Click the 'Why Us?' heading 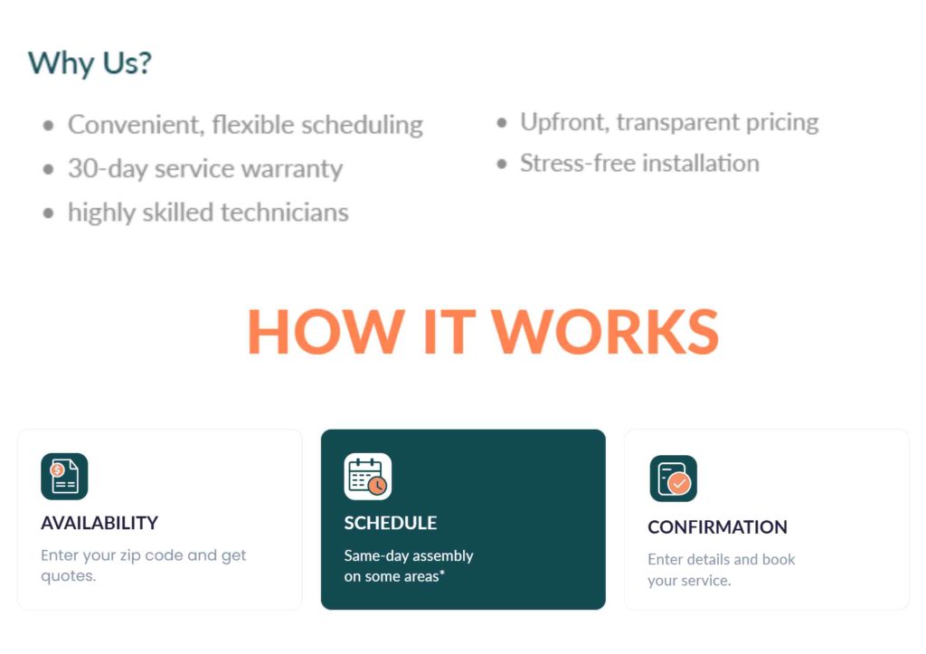coord(90,62)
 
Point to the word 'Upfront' coord(564,122)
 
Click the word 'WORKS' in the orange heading coord(605,331)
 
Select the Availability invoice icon coord(64,476)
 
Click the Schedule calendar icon coord(367,476)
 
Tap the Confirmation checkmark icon coord(673,479)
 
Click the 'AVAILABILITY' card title coord(99,523)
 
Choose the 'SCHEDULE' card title coord(391,523)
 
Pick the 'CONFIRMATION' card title coord(717,527)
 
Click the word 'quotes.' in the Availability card coord(69,576)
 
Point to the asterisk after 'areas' coord(441,573)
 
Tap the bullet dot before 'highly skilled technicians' coord(49,213)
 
